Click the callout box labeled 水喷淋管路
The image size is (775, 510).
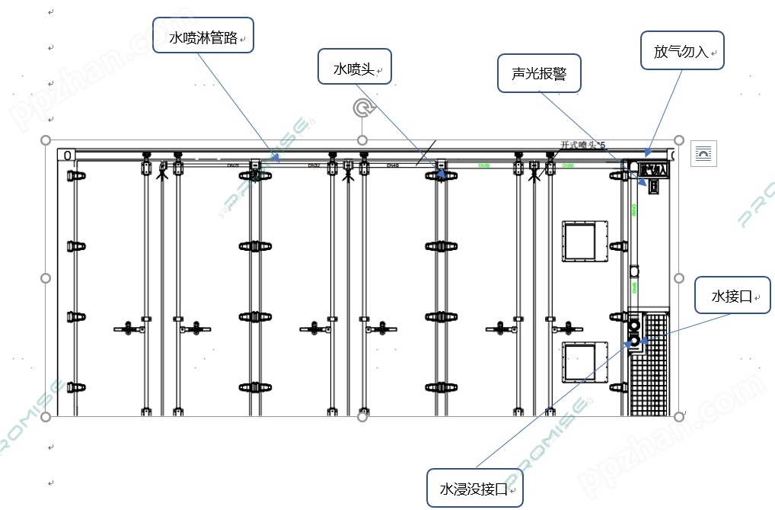(x=203, y=35)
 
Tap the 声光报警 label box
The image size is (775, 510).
(x=539, y=73)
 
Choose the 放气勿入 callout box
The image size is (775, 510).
(x=683, y=51)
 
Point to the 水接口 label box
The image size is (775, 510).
(x=733, y=296)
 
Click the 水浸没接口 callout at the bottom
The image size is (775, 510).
(x=475, y=488)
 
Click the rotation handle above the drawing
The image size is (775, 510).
(x=363, y=108)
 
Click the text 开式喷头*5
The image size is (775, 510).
(x=582, y=146)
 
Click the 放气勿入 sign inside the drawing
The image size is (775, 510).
(x=654, y=168)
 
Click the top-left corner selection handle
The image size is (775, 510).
(x=46, y=141)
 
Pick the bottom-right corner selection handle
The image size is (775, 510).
(x=679, y=416)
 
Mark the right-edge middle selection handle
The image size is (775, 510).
(x=679, y=278)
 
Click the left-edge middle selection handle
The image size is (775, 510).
(x=46, y=278)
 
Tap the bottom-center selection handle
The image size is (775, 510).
(x=362, y=416)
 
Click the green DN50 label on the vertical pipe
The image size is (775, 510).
(x=633, y=209)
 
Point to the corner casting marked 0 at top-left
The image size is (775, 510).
(x=67, y=156)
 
